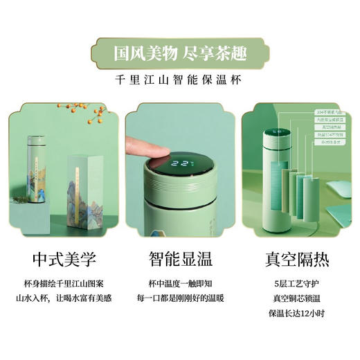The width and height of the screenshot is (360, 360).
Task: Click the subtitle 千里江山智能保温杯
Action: (179, 78)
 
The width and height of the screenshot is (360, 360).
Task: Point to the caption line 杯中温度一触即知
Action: (181, 285)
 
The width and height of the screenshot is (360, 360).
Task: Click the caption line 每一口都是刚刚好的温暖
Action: (181, 298)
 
